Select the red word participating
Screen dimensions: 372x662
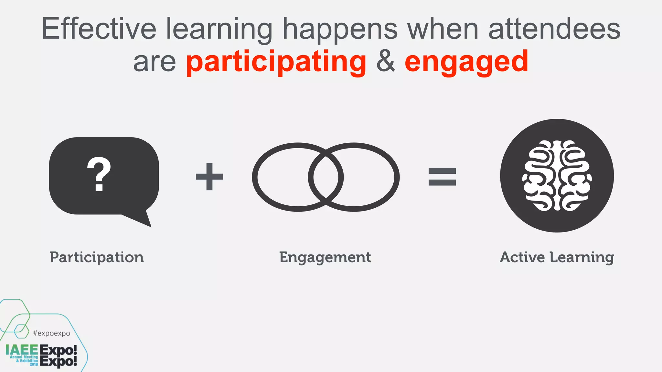click(x=276, y=62)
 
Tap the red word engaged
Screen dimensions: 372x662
click(x=466, y=62)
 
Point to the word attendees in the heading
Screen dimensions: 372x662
click(x=554, y=29)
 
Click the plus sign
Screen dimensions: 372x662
click(x=209, y=177)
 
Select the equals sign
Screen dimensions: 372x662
click(x=442, y=177)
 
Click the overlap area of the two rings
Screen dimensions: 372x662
click(x=326, y=177)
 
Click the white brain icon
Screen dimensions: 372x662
click(x=557, y=176)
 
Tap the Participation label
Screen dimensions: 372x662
click(x=97, y=257)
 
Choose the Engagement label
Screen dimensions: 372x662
click(x=325, y=257)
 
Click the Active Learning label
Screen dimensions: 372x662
click(x=557, y=257)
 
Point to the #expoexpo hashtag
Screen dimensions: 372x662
click(x=51, y=333)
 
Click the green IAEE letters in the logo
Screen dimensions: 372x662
click(x=22, y=350)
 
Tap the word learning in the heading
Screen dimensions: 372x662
click(x=219, y=29)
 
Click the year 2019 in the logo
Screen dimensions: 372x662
click(x=34, y=364)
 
